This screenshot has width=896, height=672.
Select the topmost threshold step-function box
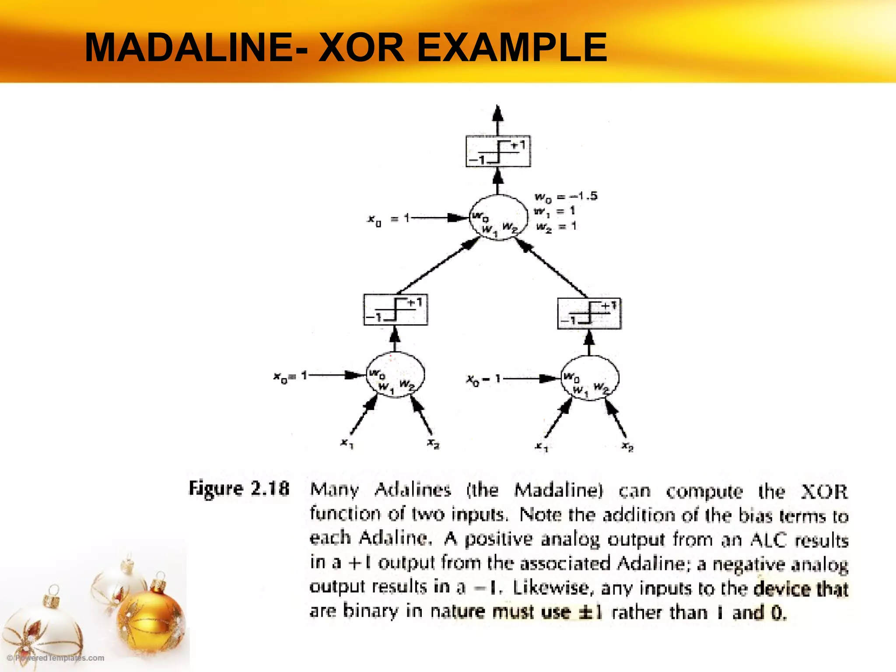coord(498,151)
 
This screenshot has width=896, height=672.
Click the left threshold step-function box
coord(395,310)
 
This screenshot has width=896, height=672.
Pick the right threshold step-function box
coord(589,313)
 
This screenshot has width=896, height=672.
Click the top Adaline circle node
coord(498,217)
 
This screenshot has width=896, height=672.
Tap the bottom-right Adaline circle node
coord(589,378)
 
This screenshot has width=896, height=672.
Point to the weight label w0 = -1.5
coord(565,196)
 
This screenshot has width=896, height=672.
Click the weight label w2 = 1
coord(556,226)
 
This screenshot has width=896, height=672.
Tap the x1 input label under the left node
coord(347,444)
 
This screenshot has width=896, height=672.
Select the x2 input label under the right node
coord(627,447)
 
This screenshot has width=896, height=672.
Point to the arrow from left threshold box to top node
coord(435,267)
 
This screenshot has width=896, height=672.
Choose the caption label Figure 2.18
coord(239,488)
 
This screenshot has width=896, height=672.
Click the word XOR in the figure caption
coord(824,491)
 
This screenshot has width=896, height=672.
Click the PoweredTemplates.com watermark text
coord(56,658)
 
